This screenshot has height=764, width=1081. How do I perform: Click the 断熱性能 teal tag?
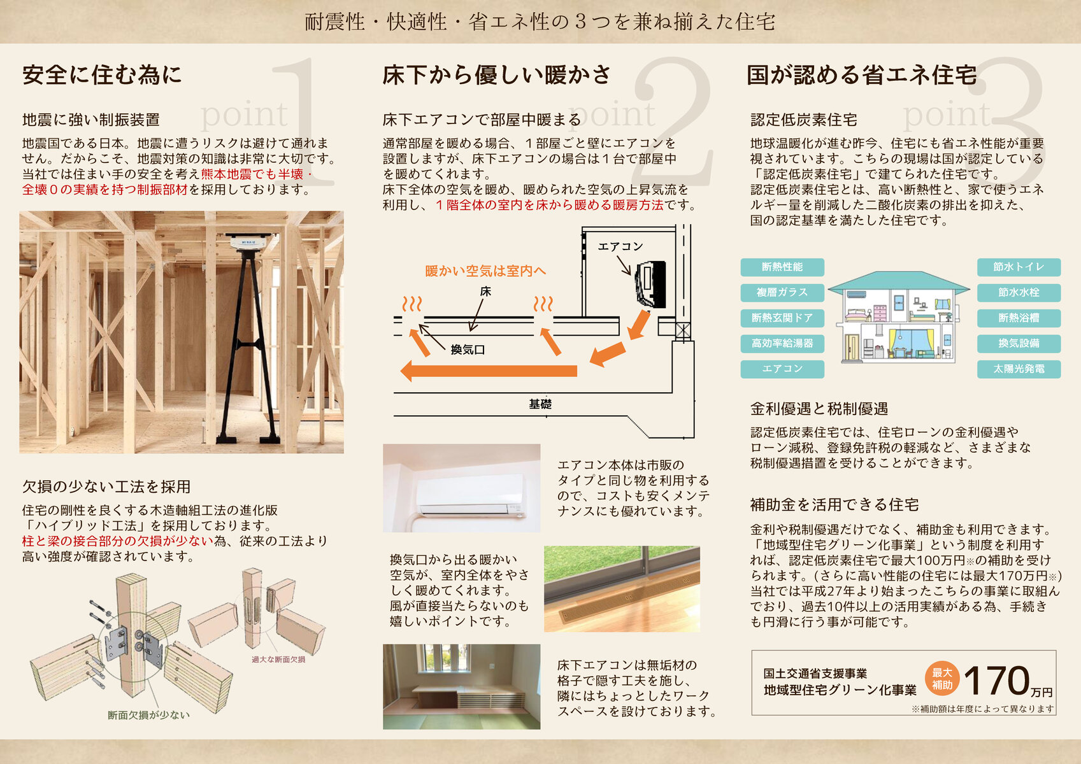(782, 267)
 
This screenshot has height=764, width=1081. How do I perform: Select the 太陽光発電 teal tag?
(1019, 369)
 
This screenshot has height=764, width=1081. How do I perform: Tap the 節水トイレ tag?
(1019, 267)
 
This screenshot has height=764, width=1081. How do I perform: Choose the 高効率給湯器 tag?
(782, 344)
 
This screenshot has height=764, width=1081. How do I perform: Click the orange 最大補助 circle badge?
(942, 679)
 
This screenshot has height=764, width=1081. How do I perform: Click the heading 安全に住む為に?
(102, 75)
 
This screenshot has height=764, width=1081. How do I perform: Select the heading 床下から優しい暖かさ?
(497, 75)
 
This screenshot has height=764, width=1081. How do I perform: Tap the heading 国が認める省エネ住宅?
(862, 75)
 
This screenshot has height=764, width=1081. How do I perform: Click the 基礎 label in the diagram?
(540, 404)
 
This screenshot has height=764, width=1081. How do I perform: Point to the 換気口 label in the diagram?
(468, 350)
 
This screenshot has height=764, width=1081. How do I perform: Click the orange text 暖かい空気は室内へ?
(485, 271)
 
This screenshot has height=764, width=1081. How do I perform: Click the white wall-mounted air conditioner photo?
(470, 494)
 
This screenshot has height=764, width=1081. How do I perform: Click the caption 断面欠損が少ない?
(148, 715)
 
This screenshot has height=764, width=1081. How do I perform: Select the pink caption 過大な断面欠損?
(278, 660)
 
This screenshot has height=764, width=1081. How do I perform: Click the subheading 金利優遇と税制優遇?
(819, 409)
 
